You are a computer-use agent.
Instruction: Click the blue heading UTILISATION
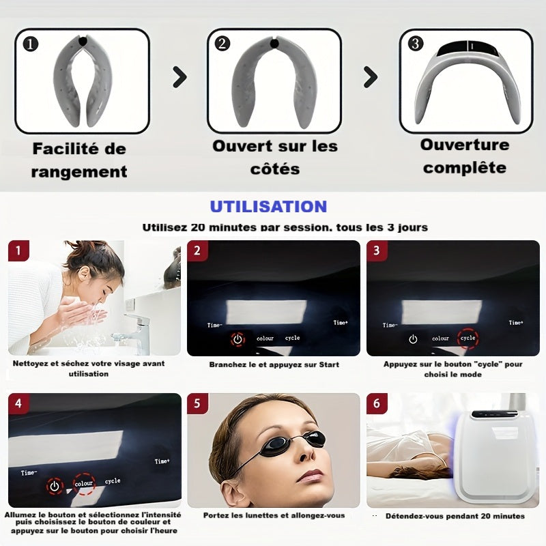[268, 207]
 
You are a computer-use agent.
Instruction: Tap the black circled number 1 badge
[31, 44]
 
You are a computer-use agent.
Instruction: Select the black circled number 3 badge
[416, 44]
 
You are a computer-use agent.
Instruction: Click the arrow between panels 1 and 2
[179, 77]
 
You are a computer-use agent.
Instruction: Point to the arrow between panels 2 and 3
[371, 77]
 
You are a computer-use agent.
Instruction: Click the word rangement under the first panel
[79, 172]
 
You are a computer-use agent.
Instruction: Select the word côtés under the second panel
[275, 169]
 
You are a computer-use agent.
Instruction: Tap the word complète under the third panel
[465, 168]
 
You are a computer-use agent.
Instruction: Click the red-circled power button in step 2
[238, 339]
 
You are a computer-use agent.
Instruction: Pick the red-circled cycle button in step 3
[468, 338]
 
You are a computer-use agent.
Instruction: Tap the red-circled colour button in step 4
[84, 484]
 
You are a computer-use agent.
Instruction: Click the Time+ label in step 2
[341, 323]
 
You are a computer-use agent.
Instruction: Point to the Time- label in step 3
[390, 326]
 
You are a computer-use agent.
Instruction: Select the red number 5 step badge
[197, 403]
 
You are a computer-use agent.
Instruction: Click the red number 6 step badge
[377, 403]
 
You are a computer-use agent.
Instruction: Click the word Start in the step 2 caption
[329, 364]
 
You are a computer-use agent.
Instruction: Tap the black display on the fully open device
[466, 48]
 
